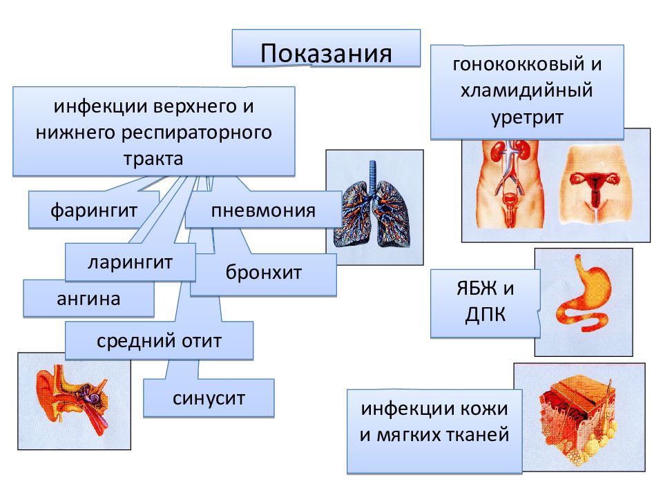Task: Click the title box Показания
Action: click(326, 48)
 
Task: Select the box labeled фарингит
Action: click(94, 210)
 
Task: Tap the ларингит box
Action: click(131, 262)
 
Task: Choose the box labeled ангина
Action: click(88, 298)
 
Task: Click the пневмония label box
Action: click(263, 210)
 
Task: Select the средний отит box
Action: click(159, 340)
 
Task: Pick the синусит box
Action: click(209, 398)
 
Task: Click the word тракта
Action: click(153, 159)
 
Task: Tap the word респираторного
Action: click(197, 133)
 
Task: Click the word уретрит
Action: click(527, 117)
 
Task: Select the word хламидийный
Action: click(527, 90)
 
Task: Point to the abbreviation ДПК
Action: click(486, 315)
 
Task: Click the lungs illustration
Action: click(372, 204)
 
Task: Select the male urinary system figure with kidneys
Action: click(510, 184)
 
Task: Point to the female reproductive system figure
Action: click(595, 185)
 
